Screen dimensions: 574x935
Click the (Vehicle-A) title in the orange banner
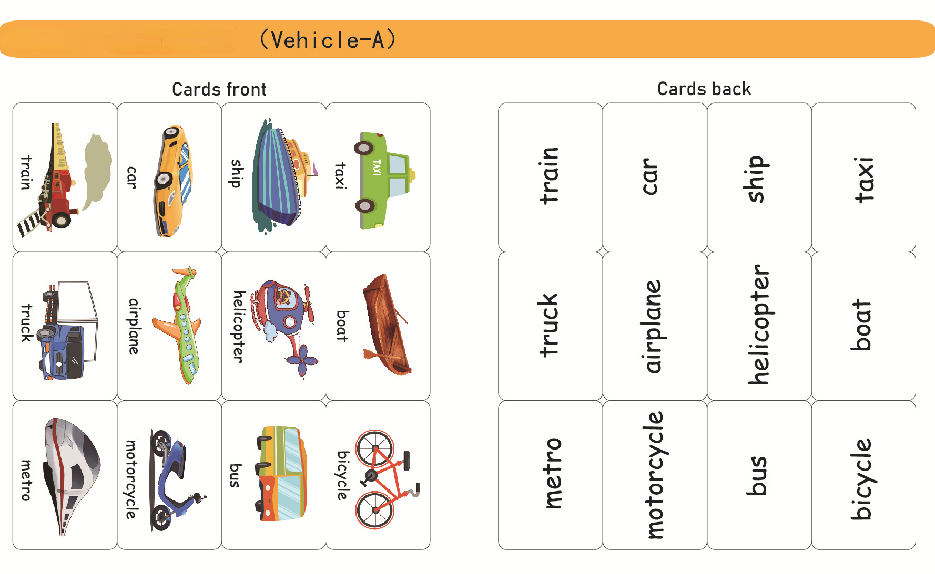328,40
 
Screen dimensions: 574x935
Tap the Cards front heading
219,89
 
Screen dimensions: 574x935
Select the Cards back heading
704,89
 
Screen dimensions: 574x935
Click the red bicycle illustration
384,479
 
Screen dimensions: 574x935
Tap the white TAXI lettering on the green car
377,168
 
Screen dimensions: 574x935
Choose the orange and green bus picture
280,474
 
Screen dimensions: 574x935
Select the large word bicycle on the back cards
862,479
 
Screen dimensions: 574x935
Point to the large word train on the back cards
550,176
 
